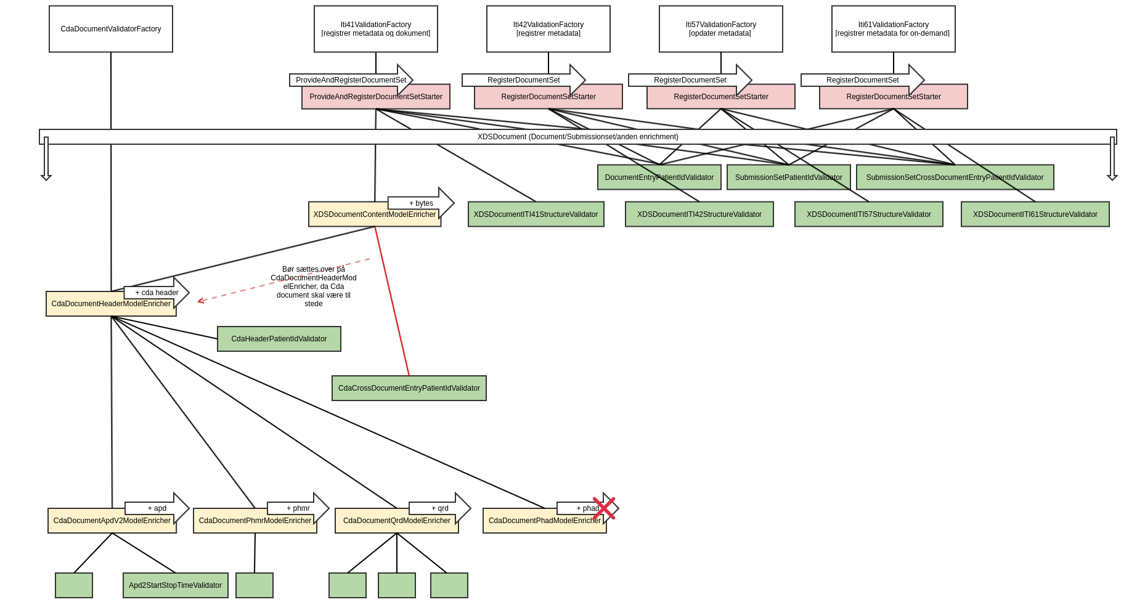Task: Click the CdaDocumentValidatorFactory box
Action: [111, 29]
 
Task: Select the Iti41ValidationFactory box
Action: [376, 29]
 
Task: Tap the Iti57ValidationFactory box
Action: [721, 29]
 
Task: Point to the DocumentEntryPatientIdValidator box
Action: [659, 177]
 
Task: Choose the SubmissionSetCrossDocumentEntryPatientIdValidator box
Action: [955, 177]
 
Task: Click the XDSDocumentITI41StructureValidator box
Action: [536, 214]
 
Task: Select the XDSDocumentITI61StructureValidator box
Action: [1035, 214]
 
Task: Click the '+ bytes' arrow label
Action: [422, 203]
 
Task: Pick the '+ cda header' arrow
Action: [157, 292]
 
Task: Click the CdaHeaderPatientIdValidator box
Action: [279, 339]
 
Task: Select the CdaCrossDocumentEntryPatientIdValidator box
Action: [409, 388]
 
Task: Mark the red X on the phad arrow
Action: [604, 508]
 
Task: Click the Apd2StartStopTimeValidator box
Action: [176, 585]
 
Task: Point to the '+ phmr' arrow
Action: [298, 508]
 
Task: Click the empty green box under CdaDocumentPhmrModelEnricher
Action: [255, 585]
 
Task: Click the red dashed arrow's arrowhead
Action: [200, 301]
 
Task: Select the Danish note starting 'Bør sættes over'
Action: [314, 287]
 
